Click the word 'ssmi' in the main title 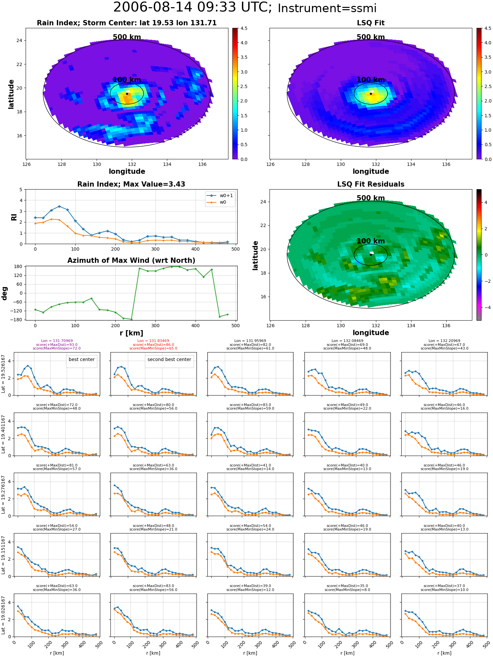(361, 9)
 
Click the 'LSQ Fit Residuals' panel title (371, 184)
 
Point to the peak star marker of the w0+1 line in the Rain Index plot (59, 207)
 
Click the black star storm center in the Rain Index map (127, 94)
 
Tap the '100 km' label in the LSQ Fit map (371, 80)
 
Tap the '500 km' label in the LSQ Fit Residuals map (371, 198)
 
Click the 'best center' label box (82, 360)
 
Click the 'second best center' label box (169, 360)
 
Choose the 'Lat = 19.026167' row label (3, 615)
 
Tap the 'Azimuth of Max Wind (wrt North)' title (131, 261)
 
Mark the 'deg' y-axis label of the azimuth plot (5, 293)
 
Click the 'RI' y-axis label (14, 217)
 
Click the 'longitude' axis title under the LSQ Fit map (371, 171)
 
